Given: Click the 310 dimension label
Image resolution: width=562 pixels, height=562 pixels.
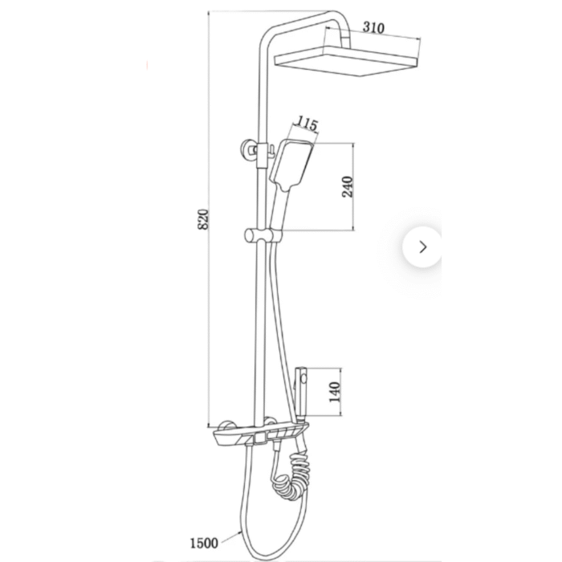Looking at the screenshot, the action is click(373, 27).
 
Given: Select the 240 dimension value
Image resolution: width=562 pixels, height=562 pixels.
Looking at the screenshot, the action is click(348, 186).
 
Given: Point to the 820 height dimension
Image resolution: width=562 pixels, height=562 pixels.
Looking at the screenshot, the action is click(203, 219).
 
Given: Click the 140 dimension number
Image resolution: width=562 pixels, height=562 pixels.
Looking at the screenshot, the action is click(335, 392).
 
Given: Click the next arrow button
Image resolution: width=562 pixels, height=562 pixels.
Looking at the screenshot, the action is click(423, 247).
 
